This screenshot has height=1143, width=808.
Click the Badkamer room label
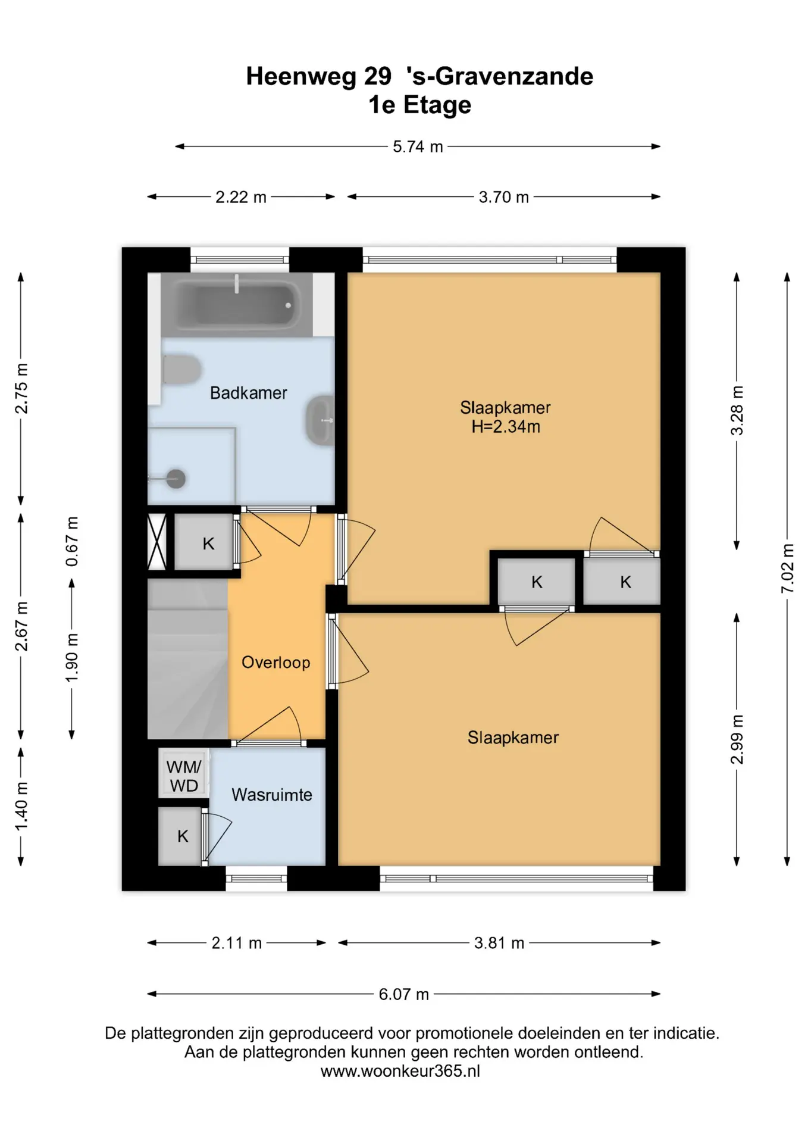pyautogui.click(x=249, y=393)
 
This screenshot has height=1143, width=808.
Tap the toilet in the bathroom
pyautogui.click(x=180, y=370)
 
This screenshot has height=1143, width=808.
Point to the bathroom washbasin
pyautogui.click(x=320, y=420)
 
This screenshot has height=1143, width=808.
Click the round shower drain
pyautogui.click(x=176, y=478)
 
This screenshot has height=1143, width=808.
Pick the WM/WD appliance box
pyautogui.click(x=184, y=776)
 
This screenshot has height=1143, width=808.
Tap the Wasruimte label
pyautogui.click(x=272, y=795)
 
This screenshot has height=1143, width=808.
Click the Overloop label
pyautogui.click(x=276, y=663)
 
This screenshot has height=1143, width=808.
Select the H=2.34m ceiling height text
pyautogui.click(x=506, y=426)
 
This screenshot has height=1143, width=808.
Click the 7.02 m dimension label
pyautogui.click(x=787, y=568)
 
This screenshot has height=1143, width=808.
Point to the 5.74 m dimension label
pyautogui.click(x=418, y=146)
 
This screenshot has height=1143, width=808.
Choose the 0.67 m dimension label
pyautogui.click(x=71, y=542)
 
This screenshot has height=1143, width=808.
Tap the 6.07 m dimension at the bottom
pyautogui.click(x=404, y=994)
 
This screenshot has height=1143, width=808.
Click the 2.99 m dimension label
pyautogui.click(x=737, y=739)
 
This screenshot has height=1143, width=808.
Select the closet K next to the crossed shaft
pyautogui.click(x=204, y=543)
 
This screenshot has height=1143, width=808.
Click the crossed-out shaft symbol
pyautogui.click(x=156, y=542)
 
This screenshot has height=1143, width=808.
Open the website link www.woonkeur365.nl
pyautogui.click(x=400, y=1072)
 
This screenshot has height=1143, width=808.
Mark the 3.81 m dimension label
pyautogui.click(x=499, y=943)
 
